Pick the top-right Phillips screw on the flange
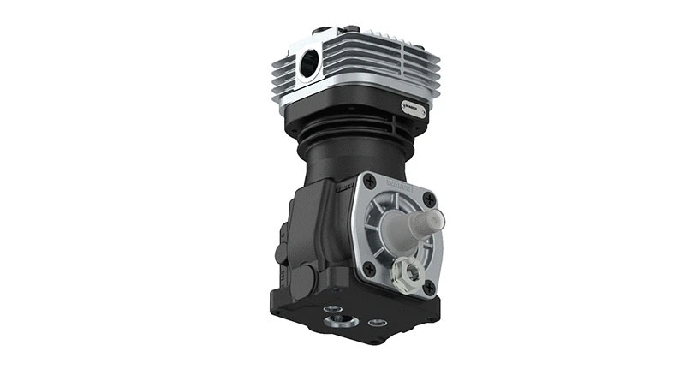430,199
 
